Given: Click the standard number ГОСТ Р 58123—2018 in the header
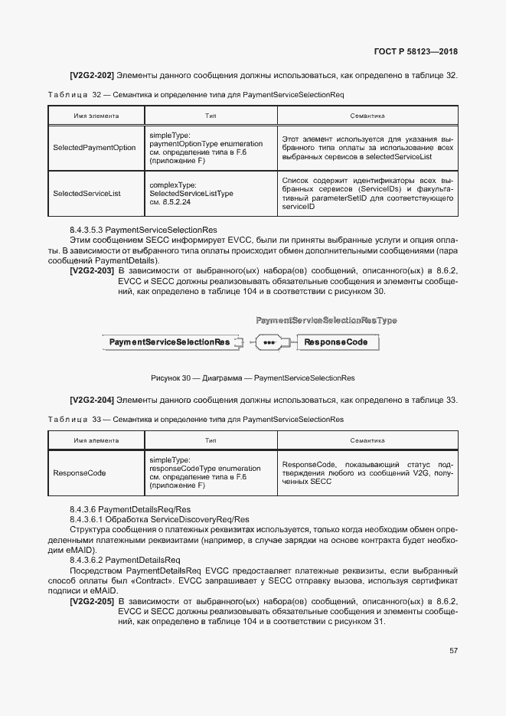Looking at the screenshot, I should coord(416,52).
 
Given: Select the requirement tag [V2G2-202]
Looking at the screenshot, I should coord(92,75).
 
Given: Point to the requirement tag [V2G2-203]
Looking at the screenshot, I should coord(92,271).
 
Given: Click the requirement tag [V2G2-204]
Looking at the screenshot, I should coord(92,400).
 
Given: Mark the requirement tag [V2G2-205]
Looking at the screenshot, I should coord(92,602).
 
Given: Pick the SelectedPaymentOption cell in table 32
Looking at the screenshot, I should coord(94,148).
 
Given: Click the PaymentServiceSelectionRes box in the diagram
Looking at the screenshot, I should coord(169,342).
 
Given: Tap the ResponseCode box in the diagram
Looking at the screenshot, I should coord(341,342).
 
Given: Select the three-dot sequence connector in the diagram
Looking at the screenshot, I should coord(269,342).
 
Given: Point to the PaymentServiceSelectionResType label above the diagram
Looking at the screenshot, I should coord(326,319).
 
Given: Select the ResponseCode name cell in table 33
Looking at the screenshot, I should coord(79,472).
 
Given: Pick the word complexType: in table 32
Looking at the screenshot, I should coord(173,185).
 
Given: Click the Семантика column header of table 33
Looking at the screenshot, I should coord(367,441).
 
